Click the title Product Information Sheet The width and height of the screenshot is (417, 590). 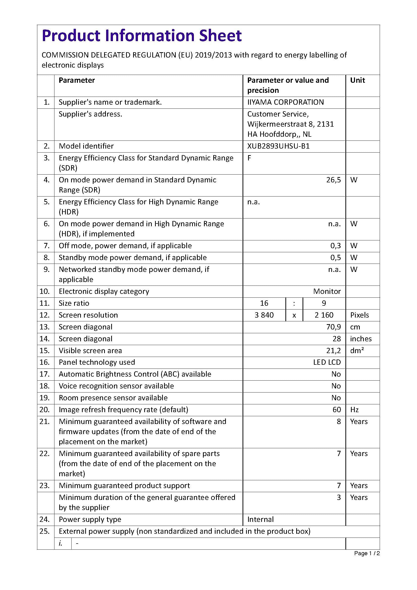(141, 36)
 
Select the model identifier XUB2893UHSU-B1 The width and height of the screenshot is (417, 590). (278, 146)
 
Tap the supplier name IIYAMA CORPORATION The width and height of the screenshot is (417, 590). (285, 102)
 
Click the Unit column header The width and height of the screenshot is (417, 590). (358, 80)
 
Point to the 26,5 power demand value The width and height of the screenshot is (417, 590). (333, 180)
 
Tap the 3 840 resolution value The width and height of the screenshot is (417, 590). (264, 315)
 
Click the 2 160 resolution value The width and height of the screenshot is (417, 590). (324, 315)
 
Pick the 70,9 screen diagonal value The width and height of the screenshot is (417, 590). (333, 327)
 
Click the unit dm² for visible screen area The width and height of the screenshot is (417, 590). (357, 351)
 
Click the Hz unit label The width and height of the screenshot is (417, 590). (354, 410)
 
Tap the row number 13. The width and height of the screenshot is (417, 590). (44, 327)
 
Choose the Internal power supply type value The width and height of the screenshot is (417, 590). (260, 519)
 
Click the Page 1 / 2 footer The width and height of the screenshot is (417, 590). (367, 553)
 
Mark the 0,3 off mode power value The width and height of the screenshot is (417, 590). (335, 246)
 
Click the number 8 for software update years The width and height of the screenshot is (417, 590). (339, 422)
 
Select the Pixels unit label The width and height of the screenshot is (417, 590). (360, 315)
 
